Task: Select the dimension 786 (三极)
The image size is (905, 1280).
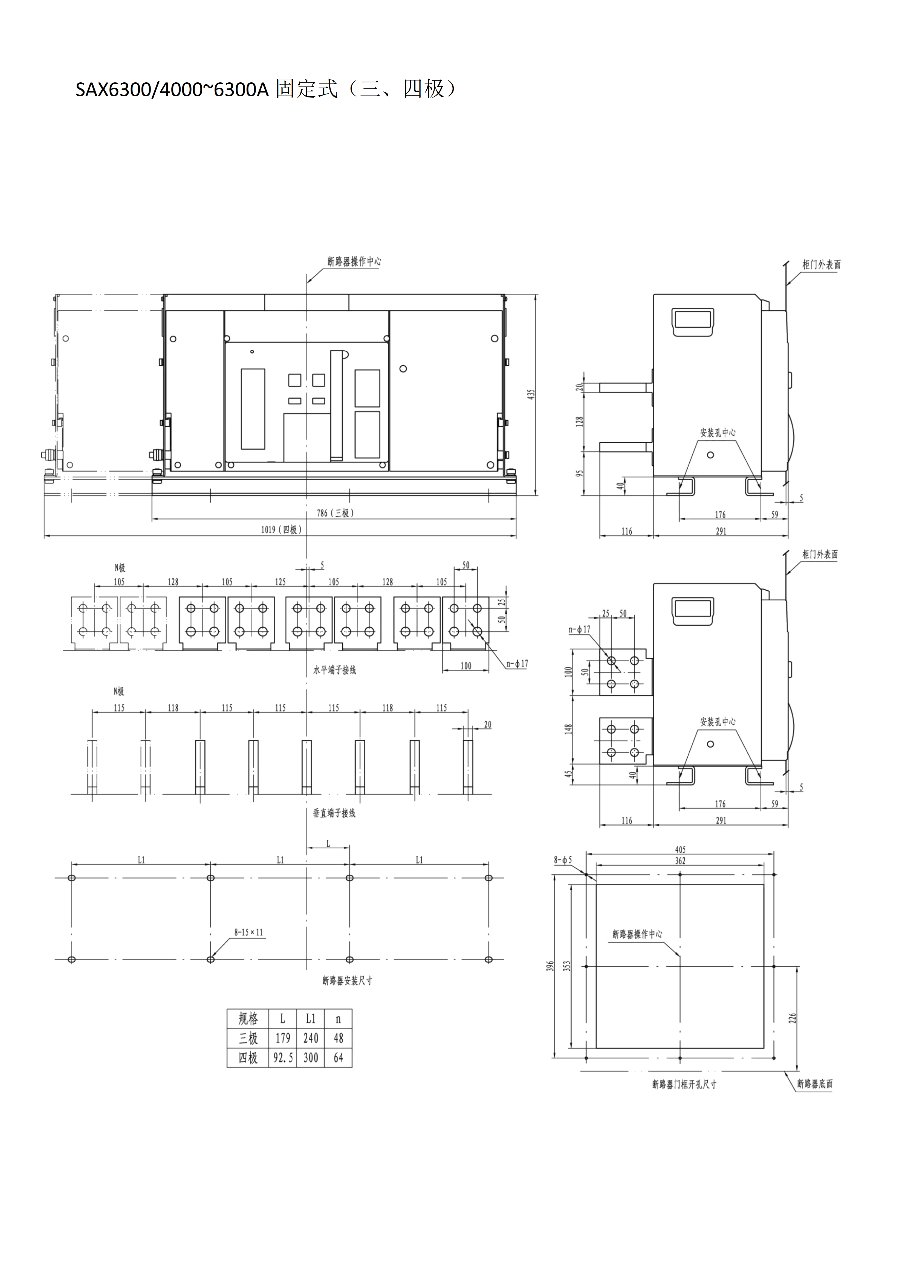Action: tap(336, 513)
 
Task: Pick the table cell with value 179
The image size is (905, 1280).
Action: tap(283, 1038)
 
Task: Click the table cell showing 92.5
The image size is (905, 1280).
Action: tap(283, 1057)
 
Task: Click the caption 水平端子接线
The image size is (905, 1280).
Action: tap(335, 670)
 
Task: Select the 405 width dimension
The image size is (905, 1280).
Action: tap(680, 850)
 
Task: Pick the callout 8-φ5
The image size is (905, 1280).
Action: tap(563, 860)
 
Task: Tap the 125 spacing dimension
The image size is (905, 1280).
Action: tap(280, 582)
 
